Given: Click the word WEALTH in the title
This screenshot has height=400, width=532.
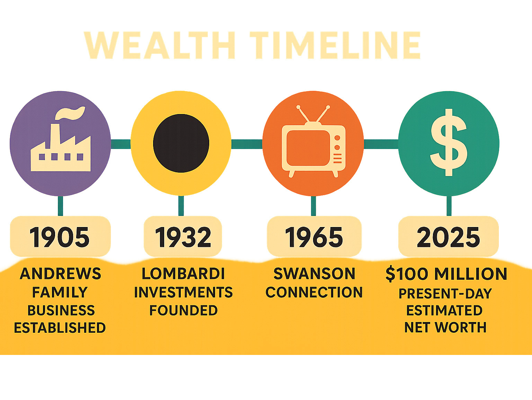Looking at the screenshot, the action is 159,45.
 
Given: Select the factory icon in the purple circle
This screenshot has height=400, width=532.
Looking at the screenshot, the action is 61,139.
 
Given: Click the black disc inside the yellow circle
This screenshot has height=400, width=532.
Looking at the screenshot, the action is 181,143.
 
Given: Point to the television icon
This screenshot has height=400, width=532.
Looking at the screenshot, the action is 313,141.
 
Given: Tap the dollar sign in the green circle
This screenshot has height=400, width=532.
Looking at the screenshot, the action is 449,142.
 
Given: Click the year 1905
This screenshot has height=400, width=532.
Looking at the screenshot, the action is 60,237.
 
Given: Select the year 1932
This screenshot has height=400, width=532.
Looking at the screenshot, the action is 183,237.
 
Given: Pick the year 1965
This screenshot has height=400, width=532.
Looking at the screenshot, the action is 314,237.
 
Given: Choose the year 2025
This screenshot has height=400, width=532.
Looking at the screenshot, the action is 449,237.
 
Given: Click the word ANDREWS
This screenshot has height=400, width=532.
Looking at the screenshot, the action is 60,273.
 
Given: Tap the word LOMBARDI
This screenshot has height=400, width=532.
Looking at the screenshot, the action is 183,273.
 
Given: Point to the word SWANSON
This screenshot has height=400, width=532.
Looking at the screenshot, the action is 314,273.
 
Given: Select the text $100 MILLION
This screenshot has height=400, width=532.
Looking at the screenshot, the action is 446,274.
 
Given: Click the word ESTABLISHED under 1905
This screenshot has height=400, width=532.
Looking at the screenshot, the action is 60,328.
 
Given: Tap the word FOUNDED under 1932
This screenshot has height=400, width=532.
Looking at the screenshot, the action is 184,310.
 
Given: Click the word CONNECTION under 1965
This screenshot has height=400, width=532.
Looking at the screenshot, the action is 314,292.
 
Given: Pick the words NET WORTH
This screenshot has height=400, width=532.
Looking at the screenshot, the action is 445,328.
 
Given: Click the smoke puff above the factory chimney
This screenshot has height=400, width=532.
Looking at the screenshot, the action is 70,113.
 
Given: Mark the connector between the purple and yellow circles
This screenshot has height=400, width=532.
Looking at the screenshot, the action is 121,144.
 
